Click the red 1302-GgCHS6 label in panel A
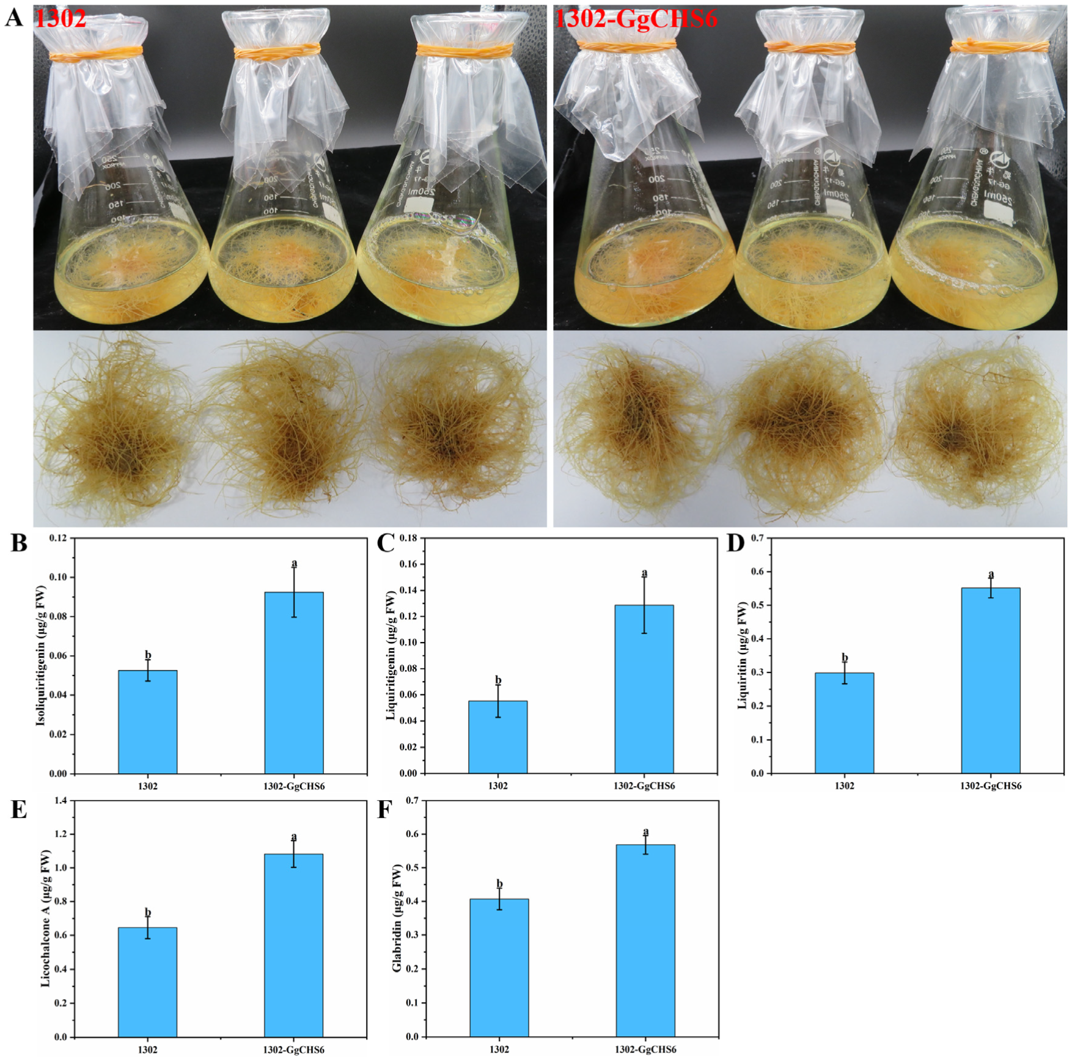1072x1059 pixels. point(636,19)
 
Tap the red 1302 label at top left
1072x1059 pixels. point(61,19)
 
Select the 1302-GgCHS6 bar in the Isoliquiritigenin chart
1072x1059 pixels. point(294,682)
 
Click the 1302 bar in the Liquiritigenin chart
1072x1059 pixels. point(497,737)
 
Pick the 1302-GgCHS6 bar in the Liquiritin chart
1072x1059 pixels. point(991,680)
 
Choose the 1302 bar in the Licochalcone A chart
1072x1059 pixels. point(147,982)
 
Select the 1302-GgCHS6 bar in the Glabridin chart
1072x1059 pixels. point(645,940)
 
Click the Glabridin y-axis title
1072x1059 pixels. point(397,918)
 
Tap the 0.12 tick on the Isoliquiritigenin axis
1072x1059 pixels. point(59,538)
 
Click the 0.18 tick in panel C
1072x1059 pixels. point(408,538)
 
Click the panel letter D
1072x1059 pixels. point(736,542)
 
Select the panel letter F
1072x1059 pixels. point(384,809)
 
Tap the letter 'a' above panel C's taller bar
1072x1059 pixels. point(644,573)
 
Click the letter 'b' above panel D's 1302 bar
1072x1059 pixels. point(845,658)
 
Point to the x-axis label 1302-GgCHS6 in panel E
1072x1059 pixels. point(294,1050)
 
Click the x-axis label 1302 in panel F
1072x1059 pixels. point(499,1049)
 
